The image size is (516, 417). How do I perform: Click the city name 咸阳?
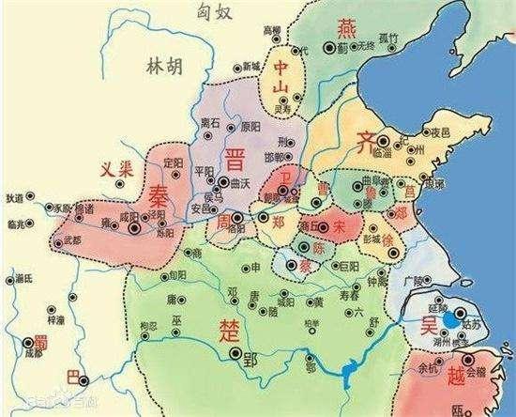129,215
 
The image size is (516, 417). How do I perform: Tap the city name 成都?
34,354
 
